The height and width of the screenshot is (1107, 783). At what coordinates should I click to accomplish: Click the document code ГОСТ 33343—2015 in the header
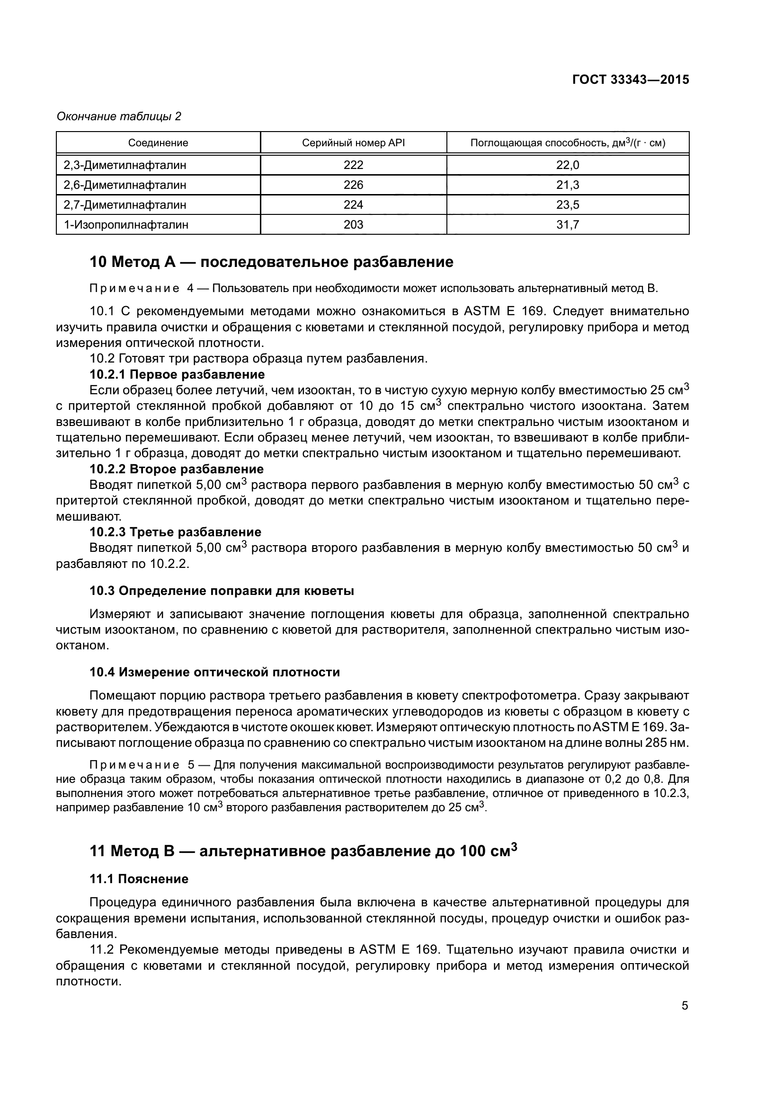630,80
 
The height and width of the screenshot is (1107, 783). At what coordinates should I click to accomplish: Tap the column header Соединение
158,143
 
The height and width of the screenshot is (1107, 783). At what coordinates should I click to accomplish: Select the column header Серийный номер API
353,143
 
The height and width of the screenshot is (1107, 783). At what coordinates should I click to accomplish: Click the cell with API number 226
353,185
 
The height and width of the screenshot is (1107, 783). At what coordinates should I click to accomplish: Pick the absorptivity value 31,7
568,225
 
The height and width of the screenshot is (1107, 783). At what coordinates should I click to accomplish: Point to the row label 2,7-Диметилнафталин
125,205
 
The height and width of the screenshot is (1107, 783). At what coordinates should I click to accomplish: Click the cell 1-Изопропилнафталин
126,225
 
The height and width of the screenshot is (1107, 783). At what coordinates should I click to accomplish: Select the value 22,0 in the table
568,165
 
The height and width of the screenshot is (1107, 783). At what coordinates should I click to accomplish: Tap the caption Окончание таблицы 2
119,116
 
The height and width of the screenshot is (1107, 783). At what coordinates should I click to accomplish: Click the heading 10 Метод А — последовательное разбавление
271,262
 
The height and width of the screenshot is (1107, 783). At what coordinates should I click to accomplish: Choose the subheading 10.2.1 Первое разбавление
177,374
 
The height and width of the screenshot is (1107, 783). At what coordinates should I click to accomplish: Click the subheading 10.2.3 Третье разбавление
176,532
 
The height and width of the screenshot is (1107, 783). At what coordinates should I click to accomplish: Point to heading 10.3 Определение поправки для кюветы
222,591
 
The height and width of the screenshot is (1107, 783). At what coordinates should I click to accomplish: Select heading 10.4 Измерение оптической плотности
214,672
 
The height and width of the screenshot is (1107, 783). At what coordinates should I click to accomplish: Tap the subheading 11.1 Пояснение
139,879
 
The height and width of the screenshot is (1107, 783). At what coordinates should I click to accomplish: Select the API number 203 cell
353,225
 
